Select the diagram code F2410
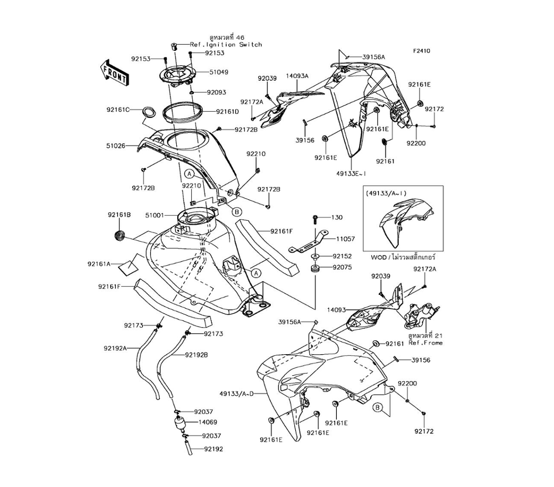[422, 51]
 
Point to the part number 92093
[216, 92]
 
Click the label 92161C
[119, 110]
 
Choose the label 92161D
[227, 111]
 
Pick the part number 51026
[116, 146]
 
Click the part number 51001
[155, 215]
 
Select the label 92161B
[119, 214]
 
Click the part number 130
[337, 217]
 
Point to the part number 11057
[345, 239]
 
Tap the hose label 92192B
[196, 355]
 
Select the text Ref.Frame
[425, 343]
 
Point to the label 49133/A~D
[236, 393]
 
